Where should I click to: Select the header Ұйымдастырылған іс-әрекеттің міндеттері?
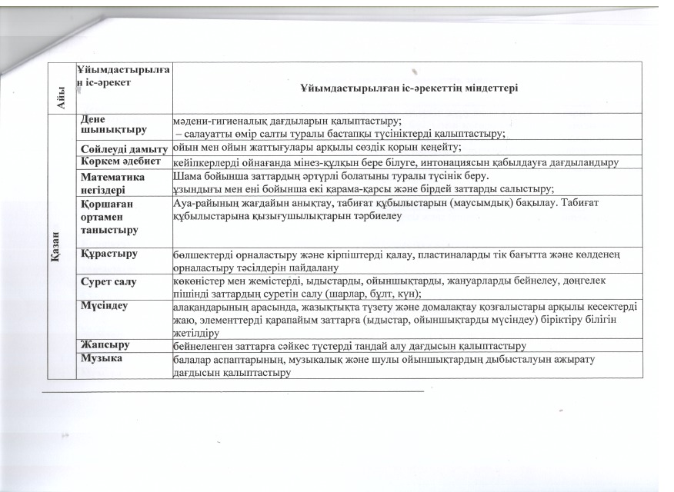click(x=409, y=88)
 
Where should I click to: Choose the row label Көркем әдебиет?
click(x=121, y=161)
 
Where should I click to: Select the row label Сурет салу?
click(x=108, y=282)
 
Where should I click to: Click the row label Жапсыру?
click(x=105, y=345)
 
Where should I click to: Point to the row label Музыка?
click(x=102, y=357)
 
